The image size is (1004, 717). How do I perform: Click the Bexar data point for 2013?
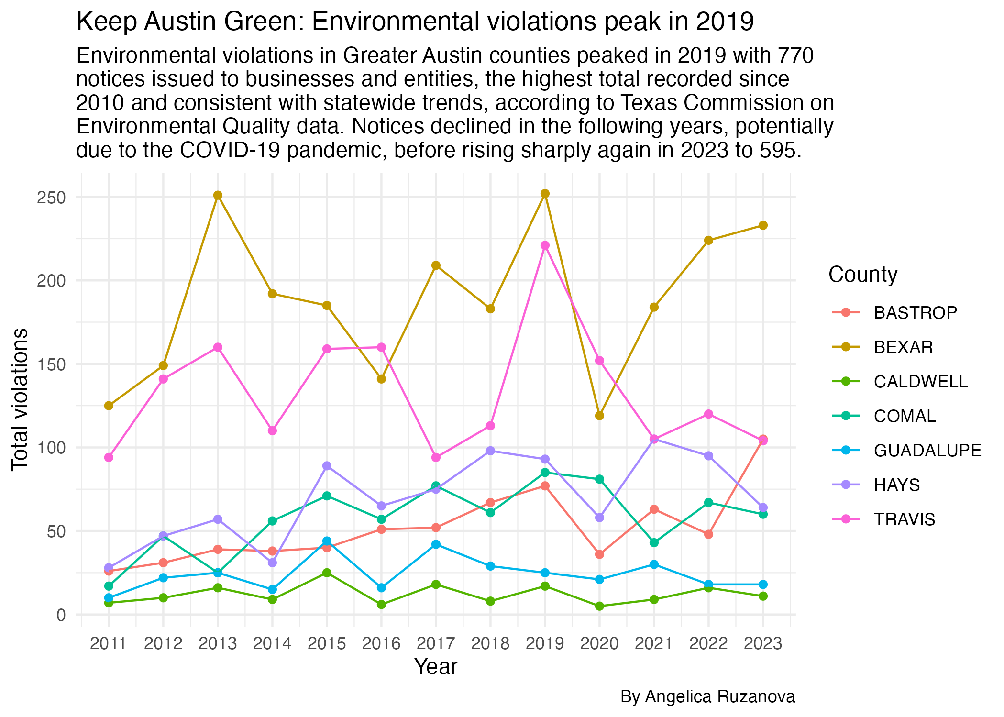[218, 195]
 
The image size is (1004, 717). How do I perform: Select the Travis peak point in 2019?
[545, 245]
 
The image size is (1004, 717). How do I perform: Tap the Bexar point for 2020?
[599, 416]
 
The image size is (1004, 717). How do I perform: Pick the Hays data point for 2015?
[327, 466]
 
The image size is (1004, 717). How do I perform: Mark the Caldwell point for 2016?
[381, 605]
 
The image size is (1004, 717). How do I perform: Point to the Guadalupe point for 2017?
[436, 544]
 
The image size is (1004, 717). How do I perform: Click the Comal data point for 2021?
[654, 542]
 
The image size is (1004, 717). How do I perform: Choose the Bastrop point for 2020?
[599, 554]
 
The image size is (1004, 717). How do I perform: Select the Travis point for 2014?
[272, 430]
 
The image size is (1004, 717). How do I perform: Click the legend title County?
[863, 275]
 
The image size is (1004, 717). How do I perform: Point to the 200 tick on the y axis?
[51, 280]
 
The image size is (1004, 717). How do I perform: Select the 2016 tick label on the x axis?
[381, 643]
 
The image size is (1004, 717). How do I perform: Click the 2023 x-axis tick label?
[763, 643]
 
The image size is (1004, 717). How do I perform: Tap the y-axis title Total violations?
[20, 399]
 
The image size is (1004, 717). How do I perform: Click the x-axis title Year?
[436, 667]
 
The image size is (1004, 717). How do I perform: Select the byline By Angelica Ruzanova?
[707, 696]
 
